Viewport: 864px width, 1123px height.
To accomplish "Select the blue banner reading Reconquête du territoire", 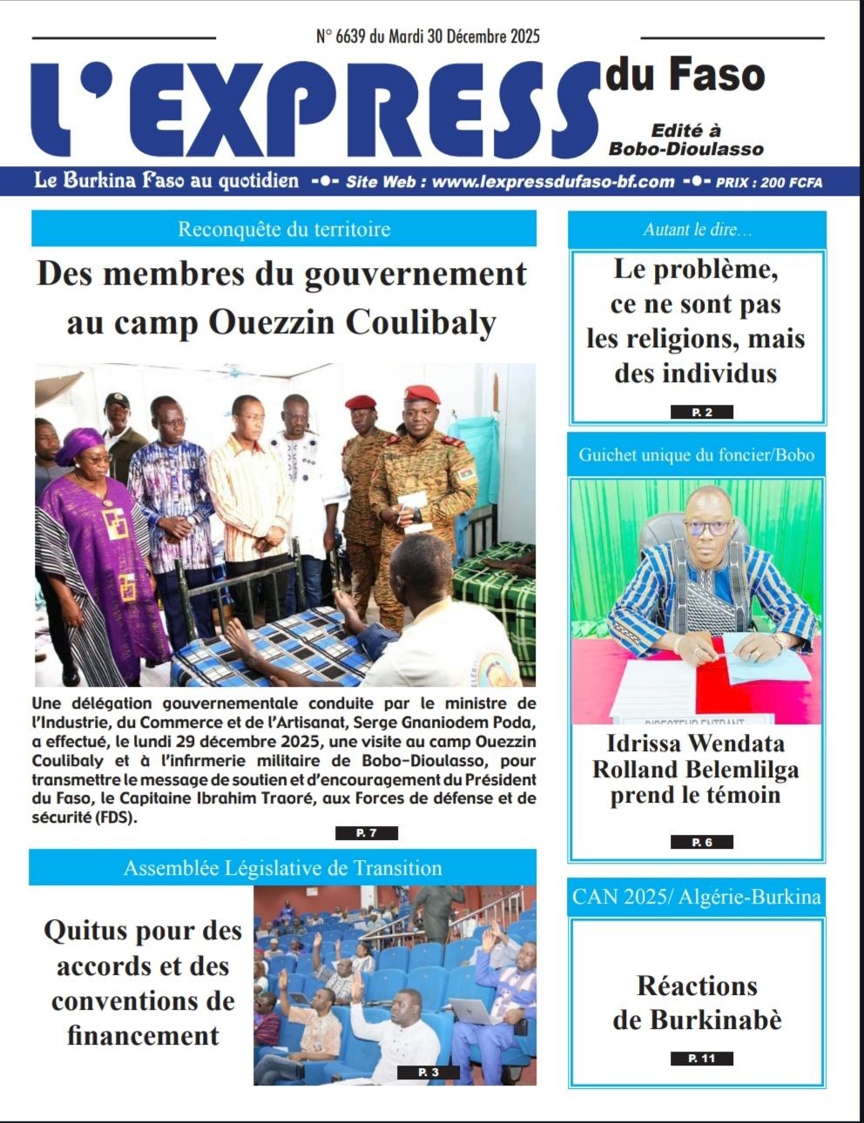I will pyautogui.click(x=284, y=229).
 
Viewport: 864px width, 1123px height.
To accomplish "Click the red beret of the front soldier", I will pyautogui.click(x=422, y=393).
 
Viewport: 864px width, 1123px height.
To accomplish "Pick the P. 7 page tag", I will pyautogui.click(x=366, y=833).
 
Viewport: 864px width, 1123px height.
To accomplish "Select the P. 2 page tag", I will pyautogui.click(x=701, y=412).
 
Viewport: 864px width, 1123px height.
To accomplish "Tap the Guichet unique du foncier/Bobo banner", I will pyautogui.click(x=697, y=454).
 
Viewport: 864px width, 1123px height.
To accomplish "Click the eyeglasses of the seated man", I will pyautogui.click(x=707, y=528).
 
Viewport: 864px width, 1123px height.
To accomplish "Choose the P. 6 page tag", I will pyautogui.click(x=701, y=842).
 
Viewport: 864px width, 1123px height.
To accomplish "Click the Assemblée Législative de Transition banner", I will pyautogui.click(x=282, y=868).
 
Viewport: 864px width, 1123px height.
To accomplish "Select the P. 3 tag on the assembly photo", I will pyautogui.click(x=429, y=1072).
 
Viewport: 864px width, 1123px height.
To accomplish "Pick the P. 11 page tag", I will pyautogui.click(x=701, y=1059).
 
